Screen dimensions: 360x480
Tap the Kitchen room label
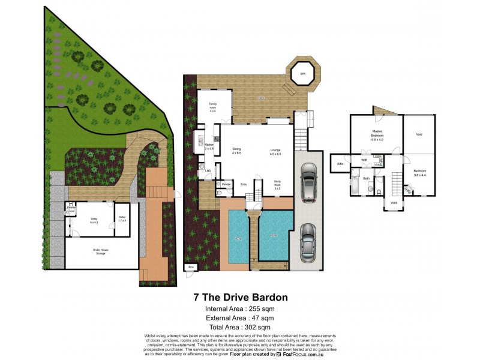(209, 146)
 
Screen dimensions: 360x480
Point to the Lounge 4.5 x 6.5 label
(275, 152)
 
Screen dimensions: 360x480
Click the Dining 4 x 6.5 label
(236, 151)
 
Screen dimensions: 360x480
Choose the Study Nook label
(278, 184)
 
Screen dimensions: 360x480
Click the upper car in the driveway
(308, 184)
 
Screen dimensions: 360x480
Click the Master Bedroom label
(377, 134)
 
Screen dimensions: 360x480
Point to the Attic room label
(340, 163)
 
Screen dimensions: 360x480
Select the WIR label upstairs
(364, 160)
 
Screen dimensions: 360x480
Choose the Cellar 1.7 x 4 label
(122, 219)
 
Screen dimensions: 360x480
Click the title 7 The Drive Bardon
(239, 297)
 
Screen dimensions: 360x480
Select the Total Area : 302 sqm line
(239, 327)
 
